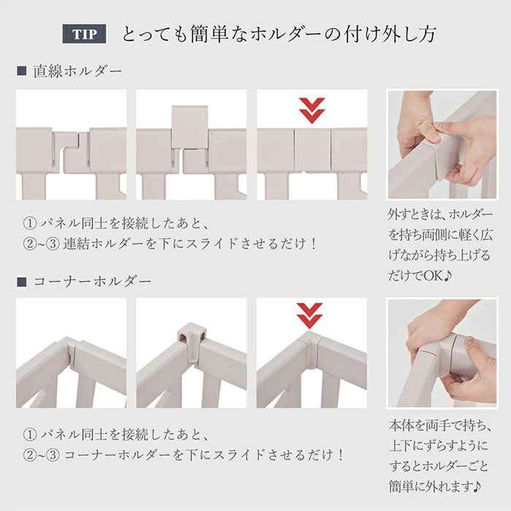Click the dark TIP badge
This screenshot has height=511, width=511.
[85, 34]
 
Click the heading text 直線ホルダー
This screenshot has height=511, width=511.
[78, 72]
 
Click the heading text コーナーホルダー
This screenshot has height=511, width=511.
[93, 282]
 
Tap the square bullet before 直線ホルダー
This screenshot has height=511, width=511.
[21, 71]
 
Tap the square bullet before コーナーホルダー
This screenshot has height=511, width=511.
[21, 282]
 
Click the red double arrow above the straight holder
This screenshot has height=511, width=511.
[312, 110]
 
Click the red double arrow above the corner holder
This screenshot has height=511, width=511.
[310, 316]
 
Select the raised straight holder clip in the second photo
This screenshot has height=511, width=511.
[190, 126]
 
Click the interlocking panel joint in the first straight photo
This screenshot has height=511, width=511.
[72, 152]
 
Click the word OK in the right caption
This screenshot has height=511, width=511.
[434, 276]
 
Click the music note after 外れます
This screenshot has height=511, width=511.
[477, 487]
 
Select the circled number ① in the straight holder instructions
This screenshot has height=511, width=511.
[30, 223]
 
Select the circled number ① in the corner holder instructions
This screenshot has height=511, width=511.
[30, 435]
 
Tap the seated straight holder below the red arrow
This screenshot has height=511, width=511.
[312, 150]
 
